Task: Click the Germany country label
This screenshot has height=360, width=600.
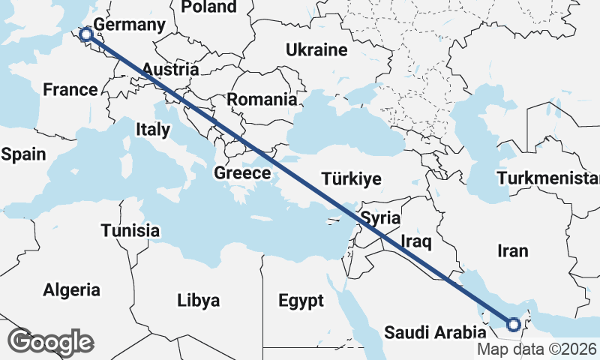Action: [129, 25]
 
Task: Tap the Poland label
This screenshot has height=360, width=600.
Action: [208, 7]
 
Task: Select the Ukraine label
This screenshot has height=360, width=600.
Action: [316, 50]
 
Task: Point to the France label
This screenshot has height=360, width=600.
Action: [70, 90]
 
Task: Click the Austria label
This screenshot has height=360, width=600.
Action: [170, 70]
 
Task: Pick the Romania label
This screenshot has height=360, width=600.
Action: [262, 99]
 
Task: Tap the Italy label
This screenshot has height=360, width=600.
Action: [152, 130]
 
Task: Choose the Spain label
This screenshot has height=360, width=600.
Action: [24, 154]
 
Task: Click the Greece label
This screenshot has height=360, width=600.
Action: [242, 173]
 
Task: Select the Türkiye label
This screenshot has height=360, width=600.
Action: [352, 179]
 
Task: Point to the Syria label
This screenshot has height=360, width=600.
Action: [381, 218]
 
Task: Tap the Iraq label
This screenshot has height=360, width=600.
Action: [416, 241]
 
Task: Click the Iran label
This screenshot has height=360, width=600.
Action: [512, 250]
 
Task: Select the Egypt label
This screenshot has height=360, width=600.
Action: [301, 301]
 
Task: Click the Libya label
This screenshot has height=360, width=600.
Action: [199, 301]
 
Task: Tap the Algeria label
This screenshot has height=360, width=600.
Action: [71, 289]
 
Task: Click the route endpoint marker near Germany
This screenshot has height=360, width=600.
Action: [86, 34]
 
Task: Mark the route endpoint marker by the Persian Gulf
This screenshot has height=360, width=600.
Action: [514, 325]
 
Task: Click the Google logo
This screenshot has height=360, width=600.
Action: [50, 342]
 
